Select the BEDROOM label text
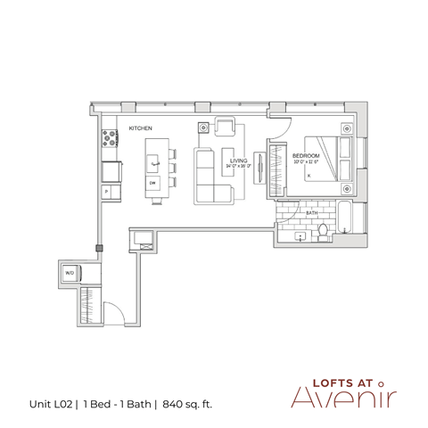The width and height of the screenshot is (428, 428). [306, 155]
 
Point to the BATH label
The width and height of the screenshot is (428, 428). [312, 214]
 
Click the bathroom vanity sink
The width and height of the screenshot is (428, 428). [300, 235]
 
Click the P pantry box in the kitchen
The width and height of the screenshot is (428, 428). [106, 191]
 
